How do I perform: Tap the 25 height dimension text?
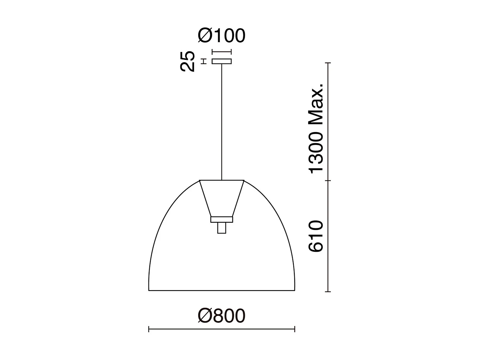click(x=188, y=61)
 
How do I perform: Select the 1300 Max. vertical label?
click(x=316, y=128)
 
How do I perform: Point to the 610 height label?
click(x=316, y=236)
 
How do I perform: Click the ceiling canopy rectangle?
click(x=222, y=61)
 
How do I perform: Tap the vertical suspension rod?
click(x=222, y=121)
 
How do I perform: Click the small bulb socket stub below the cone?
click(x=222, y=228)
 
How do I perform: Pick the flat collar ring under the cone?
click(x=222, y=219)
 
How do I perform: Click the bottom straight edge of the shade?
click(x=222, y=290)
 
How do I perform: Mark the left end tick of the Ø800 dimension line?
click(x=149, y=329)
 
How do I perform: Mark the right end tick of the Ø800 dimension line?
click(x=295, y=329)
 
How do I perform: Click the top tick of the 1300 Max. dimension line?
click(x=328, y=63)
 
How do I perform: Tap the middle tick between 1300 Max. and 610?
click(x=328, y=180)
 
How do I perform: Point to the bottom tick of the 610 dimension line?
click(x=328, y=291)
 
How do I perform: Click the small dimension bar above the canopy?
click(x=222, y=51)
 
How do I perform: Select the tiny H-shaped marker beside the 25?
click(x=204, y=61)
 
